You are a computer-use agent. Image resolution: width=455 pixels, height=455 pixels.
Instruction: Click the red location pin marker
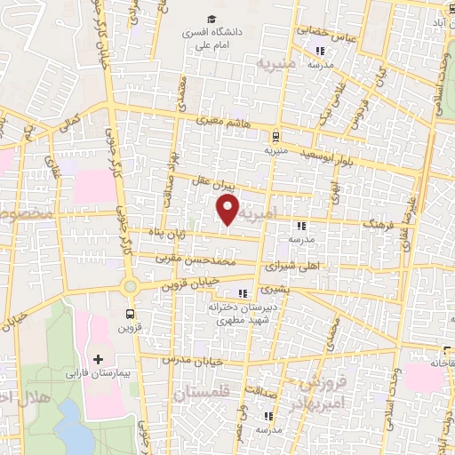(228, 210)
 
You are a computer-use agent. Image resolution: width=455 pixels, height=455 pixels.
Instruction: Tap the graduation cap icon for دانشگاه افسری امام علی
(212, 19)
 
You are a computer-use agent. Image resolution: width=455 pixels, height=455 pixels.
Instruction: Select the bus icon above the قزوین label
(131, 313)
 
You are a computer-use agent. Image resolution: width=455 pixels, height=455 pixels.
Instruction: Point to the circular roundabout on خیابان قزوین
(131, 286)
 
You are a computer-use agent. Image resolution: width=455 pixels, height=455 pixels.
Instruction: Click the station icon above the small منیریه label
(275, 137)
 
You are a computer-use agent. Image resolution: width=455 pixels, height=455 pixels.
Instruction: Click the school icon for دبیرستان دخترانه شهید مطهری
(241, 294)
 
